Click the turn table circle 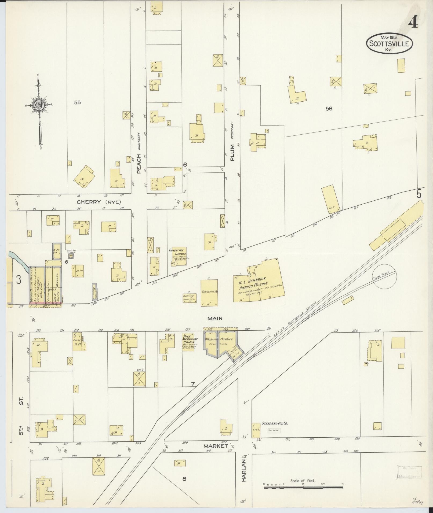[x=384, y=276]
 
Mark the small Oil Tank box [x=274, y=431]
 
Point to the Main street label [x=215, y=319]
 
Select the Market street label [x=216, y=446]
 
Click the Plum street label [x=232, y=153]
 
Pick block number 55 [x=77, y=102]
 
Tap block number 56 [x=329, y=109]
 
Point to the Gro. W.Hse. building [x=209, y=292]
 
